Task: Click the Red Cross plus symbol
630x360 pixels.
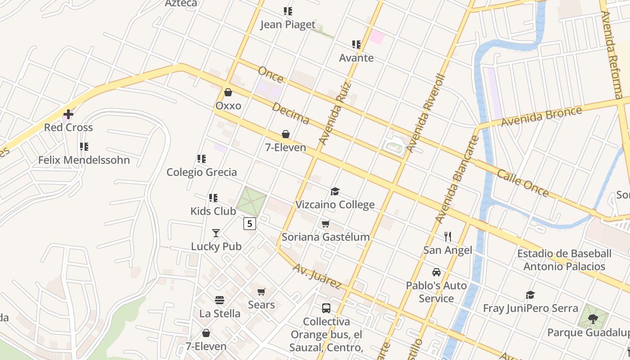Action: pos(68,115)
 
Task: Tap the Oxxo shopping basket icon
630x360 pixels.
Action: pos(228,92)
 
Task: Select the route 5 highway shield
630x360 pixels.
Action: pos(250,223)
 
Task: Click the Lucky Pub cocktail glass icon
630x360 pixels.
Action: pos(216,233)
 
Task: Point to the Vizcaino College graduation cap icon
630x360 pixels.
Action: pos(335,192)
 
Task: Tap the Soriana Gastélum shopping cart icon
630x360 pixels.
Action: pos(326,224)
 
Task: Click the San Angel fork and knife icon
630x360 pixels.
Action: pos(447,237)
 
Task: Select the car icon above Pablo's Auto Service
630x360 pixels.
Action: pos(436,272)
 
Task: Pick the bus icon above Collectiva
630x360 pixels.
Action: pos(326,308)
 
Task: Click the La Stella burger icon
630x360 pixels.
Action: pos(220,300)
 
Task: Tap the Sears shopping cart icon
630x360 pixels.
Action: pos(261,292)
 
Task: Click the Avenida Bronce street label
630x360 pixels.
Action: pos(542,117)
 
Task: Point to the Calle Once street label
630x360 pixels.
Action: pos(523,183)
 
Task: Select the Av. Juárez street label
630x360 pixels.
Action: pos(317,276)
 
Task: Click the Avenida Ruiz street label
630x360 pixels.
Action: pos(334,113)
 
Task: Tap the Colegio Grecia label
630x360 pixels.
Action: pos(202,172)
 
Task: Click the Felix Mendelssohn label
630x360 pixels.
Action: pos(84,160)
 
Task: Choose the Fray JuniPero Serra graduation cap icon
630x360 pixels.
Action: pos(531,295)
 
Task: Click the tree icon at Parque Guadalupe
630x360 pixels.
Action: pos(593,319)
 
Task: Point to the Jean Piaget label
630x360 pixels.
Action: pos(288,25)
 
